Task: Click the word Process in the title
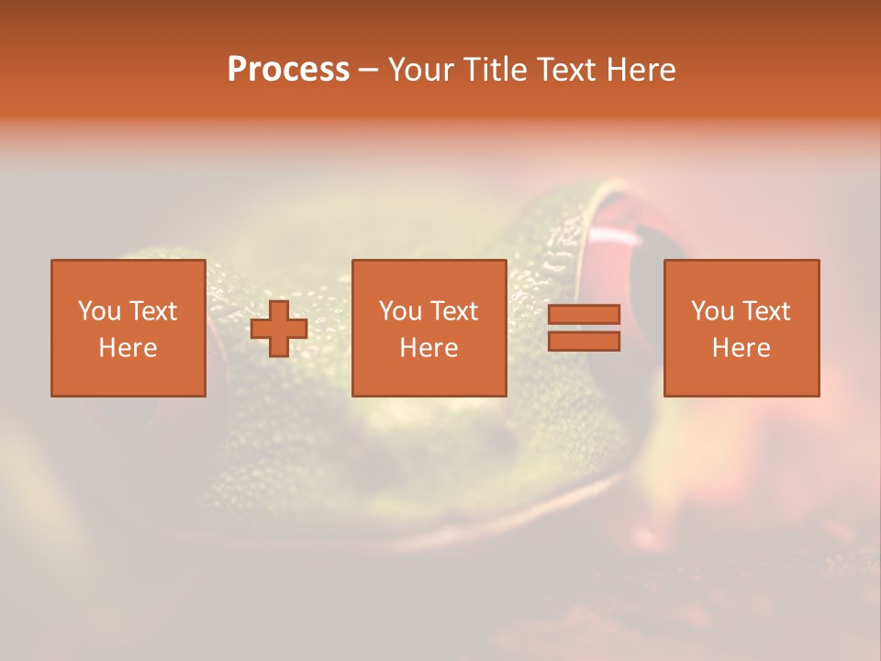288,70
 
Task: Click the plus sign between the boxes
279,329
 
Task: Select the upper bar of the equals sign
584,315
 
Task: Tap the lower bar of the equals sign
584,341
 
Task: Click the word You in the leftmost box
99,311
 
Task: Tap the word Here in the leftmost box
128,348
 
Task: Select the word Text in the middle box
454,311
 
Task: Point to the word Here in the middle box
429,348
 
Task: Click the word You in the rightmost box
712,311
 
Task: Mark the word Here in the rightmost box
741,348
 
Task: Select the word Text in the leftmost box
152,311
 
